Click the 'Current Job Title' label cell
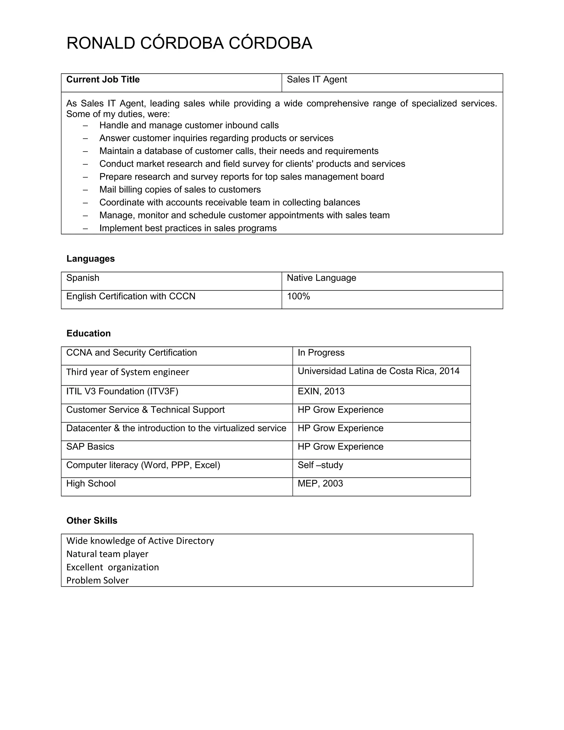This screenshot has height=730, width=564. tap(103, 80)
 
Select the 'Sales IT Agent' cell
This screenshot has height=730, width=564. tap(317, 80)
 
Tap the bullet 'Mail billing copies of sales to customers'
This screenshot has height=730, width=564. tap(180, 190)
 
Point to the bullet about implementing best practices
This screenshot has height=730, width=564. tap(188, 228)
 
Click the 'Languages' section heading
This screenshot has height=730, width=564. tap(91, 259)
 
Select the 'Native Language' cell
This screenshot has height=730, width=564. tap(321, 278)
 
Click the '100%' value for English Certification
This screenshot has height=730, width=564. tap(298, 296)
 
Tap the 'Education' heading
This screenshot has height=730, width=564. tap(89, 333)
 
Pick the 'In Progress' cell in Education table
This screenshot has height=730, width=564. tap(321, 353)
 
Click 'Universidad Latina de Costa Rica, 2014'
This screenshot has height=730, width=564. tap(378, 371)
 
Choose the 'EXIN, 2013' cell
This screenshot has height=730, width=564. tap(321, 391)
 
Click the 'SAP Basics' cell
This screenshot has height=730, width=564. tap(90, 447)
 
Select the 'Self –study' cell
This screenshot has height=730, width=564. tap(320, 465)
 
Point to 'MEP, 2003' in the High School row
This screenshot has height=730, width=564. tap(320, 484)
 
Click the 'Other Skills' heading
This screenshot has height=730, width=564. tap(92, 520)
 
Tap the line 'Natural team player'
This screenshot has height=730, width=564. tap(107, 554)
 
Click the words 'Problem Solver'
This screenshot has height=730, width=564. tap(97, 581)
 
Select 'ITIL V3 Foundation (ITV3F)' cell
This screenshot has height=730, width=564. tap(122, 391)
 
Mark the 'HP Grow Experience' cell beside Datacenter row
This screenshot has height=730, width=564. tap(340, 429)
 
